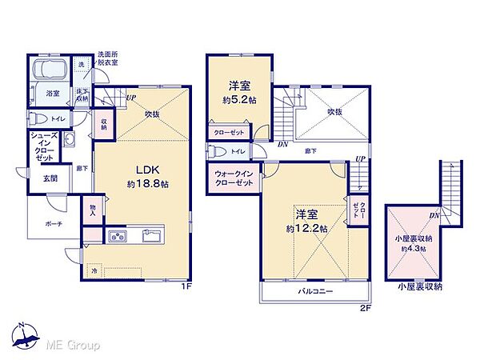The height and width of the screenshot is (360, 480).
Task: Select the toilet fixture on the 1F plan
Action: pos(37,120)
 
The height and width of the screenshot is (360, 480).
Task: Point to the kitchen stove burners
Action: pos(117,236)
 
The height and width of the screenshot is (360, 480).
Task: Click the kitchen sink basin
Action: pos(152,236)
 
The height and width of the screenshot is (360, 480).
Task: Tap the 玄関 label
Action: pos(40,178)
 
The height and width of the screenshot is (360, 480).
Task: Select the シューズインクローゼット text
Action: pos(44,148)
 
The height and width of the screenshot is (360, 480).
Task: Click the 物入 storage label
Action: pos(94,209)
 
